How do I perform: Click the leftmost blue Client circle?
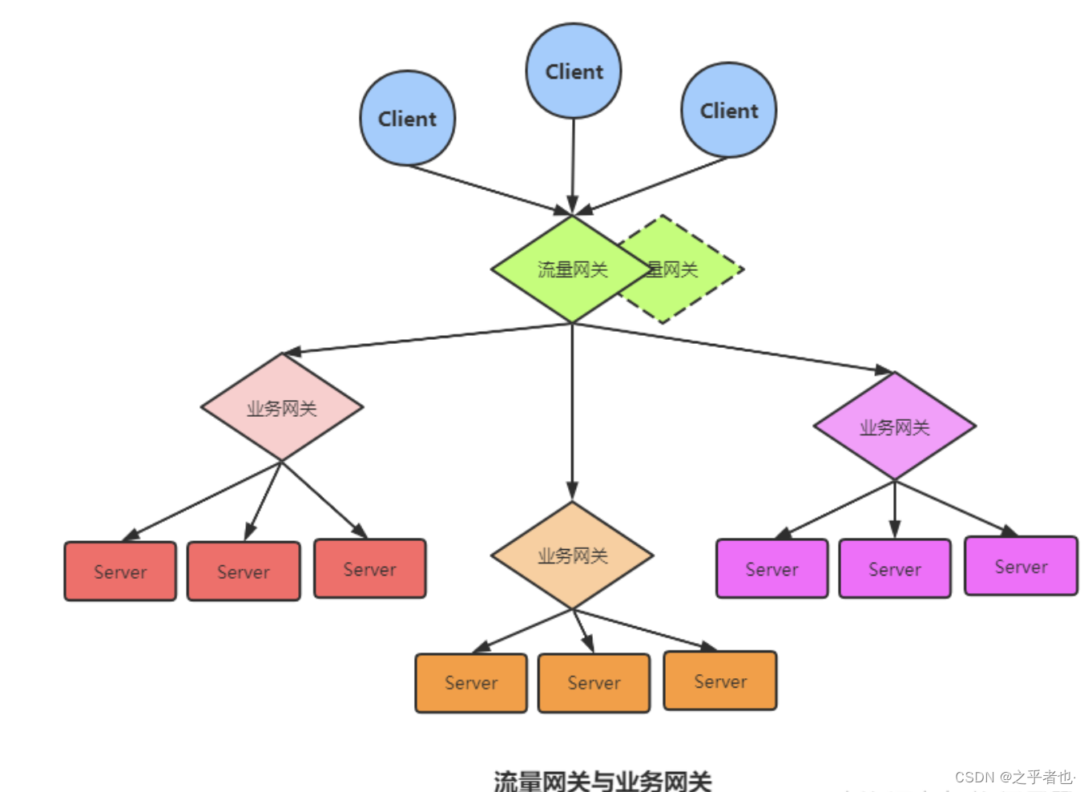[408, 119]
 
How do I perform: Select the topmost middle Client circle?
[574, 71]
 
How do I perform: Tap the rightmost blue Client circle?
[728, 111]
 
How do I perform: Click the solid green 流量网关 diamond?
[571, 269]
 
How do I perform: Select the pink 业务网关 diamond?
[282, 408]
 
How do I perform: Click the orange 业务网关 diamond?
[572, 556]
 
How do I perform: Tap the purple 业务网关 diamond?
[894, 427]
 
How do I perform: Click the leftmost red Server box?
[120, 572]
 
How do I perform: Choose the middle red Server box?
[244, 572]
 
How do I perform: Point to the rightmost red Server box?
[369, 569]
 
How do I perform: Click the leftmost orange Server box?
[471, 683]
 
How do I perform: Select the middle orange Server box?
[594, 683]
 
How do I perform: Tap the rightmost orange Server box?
[720, 681]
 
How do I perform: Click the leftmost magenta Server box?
[772, 569]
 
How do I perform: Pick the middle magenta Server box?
[895, 569]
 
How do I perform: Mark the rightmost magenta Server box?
[1021, 567]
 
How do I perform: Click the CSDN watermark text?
[1013, 777]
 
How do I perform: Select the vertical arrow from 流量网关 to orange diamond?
[572, 409]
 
